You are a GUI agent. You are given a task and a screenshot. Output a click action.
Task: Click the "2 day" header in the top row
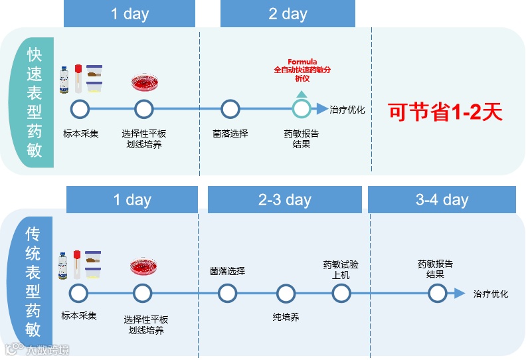[288, 14]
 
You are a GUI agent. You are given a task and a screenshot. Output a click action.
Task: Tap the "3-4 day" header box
[442, 200]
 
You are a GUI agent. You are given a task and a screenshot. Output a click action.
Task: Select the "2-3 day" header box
[284, 200]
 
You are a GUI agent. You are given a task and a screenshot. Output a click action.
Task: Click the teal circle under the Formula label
[302, 108]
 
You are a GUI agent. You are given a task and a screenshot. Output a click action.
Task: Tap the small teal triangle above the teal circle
[302, 94]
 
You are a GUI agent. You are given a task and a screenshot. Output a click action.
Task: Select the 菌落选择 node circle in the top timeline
[230, 108]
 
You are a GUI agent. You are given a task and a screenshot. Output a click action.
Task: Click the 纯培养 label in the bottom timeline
[286, 317]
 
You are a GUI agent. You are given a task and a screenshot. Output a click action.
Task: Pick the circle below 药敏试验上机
[341, 293]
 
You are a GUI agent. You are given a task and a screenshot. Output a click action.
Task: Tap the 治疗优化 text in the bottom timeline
[491, 294]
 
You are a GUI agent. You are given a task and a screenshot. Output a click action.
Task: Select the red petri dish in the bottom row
[142, 267]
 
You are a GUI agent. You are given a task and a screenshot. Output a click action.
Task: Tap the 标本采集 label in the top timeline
[80, 133]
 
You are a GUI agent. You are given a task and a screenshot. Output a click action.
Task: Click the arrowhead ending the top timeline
[322, 108]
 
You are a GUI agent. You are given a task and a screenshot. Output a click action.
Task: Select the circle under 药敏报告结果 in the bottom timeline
[436, 293]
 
